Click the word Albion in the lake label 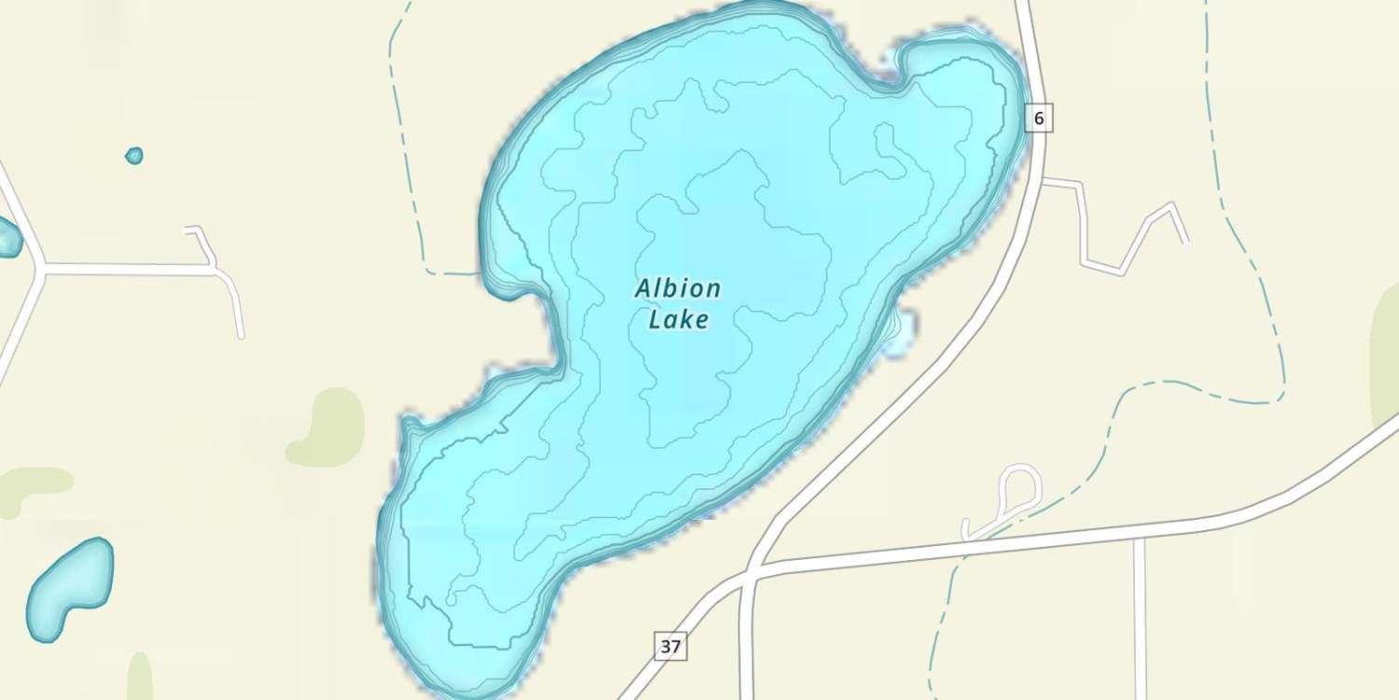click(x=678, y=288)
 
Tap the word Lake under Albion click(x=679, y=320)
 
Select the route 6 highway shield click(x=1039, y=119)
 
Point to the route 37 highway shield click(x=671, y=646)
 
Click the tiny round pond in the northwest click(x=134, y=156)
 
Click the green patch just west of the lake click(x=327, y=427)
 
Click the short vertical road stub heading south click(x=1140, y=616)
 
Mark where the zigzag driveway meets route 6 click(x=1044, y=181)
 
